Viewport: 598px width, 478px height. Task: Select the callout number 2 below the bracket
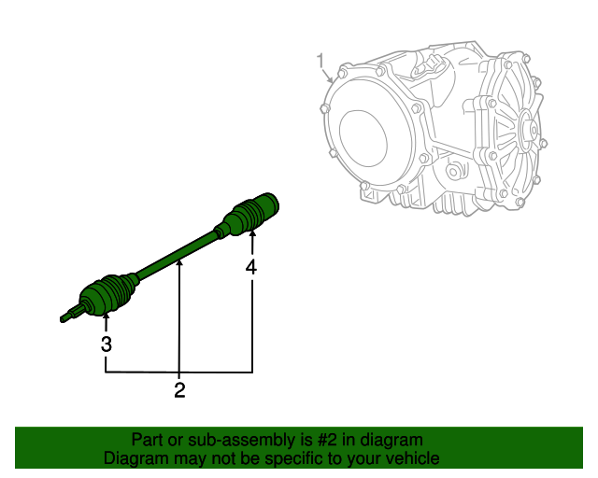pyautogui.click(x=179, y=391)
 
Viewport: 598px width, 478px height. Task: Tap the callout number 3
pyautogui.click(x=107, y=344)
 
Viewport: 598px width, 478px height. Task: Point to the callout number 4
pyautogui.click(x=251, y=267)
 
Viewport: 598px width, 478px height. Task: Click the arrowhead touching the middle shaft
pyautogui.click(x=178, y=265)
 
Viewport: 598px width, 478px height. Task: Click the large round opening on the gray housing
pyautogui.click(x=368, y=135)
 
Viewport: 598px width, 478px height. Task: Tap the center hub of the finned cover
pyautogui.click(x=523, y=131)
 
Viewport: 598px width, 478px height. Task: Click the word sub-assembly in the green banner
pyautogui.click(x=207, y=440)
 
